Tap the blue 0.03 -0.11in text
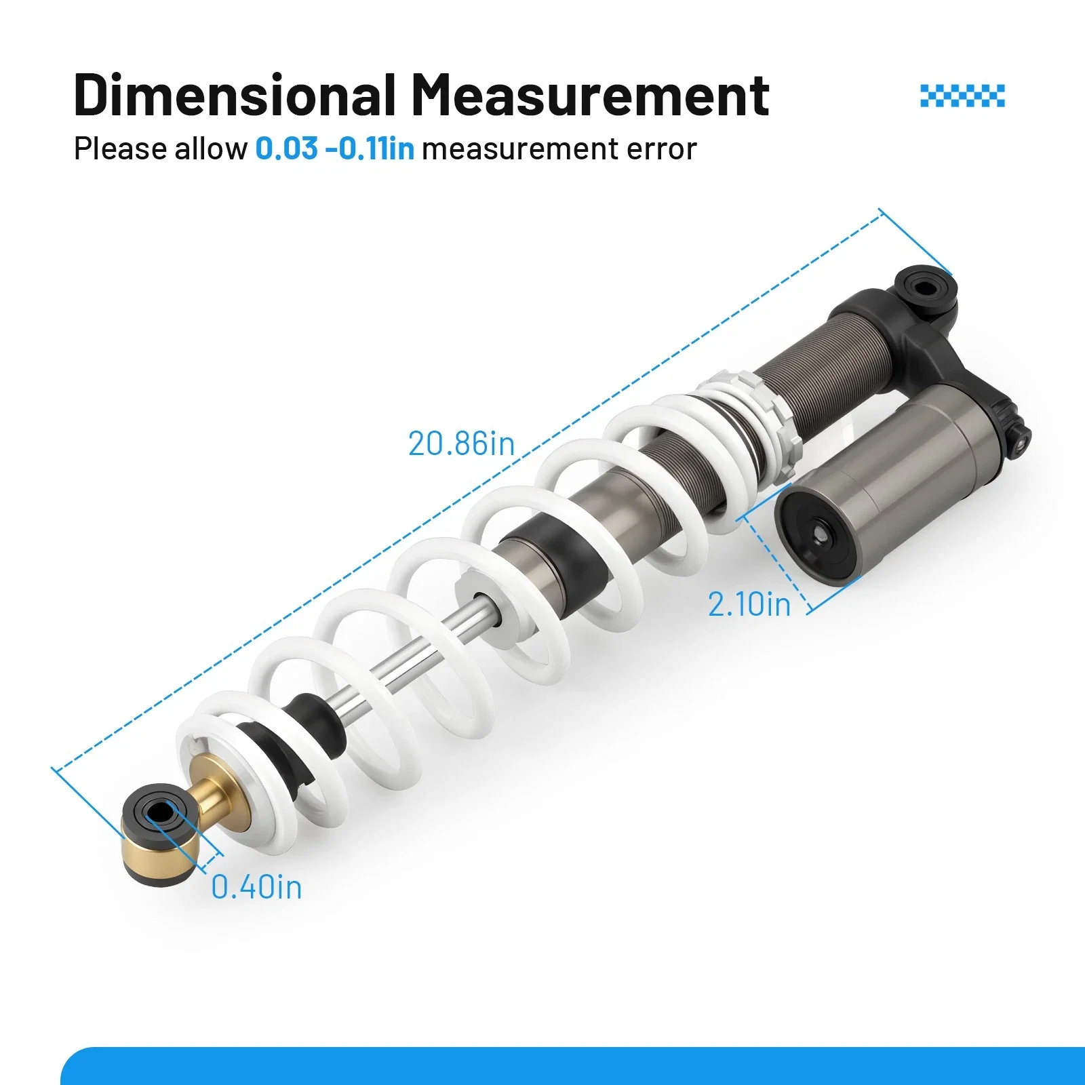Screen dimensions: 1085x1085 (x=335, y=149)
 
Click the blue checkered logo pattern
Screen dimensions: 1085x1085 (x=962, y=96)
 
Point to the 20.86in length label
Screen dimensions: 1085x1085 (x=461, y=443)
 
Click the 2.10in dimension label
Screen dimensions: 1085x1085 (x=749, y=604)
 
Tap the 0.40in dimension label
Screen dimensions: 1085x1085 (x=256, y=887)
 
